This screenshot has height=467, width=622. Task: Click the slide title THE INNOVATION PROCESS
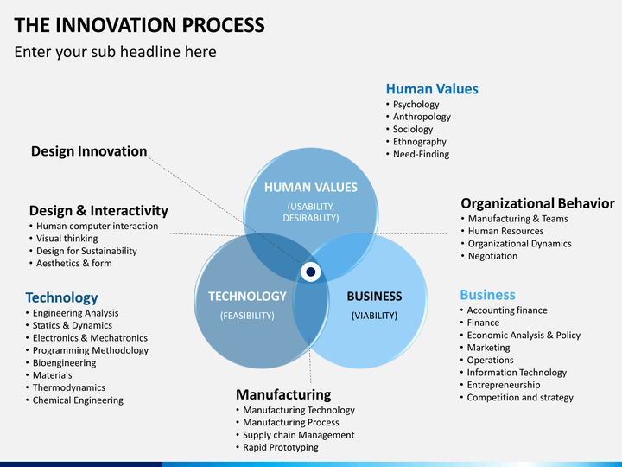pyautogui.click(x=139, y=25)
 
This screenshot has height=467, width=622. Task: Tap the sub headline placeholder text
pyautogui.click(x=116, y=52)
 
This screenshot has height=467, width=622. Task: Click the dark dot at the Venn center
pyautogui.click(x=311, y=272)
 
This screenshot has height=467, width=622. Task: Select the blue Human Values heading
pyautogui.click(x=432, y=88)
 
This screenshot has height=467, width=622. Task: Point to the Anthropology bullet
pyautogui.click(x=422, y=117)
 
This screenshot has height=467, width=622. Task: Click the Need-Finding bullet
pyautogui.click(x=421, y=154)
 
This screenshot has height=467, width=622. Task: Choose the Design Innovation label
pyautogui.click(x=89, y=151)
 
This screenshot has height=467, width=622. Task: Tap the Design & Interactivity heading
pyautogui.click(x=98, y=210)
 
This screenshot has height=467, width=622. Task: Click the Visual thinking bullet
pyautogui.click(x=67, y=239)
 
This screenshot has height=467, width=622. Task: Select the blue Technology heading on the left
pyautogui.click(x=61, y=297)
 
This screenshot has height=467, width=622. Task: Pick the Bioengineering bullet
pyautogui.click(x=64, y=363)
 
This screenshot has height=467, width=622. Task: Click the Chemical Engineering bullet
pyautogui.click(x=78, y=400)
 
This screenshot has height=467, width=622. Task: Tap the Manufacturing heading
pyautogui.click(x=283, y=394)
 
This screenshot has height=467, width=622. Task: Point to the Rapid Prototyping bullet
pyautogui.click(x=281, y=448)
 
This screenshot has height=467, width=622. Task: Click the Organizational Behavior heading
pyautogui.click(x=537, y=203)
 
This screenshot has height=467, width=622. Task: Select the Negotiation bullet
pyautogui.click(x=492, y=256)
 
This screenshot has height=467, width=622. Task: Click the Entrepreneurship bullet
pyautogui.click(x=504, y=385)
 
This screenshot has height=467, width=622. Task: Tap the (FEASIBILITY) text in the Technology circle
pyautogui.click(x=247, y=316)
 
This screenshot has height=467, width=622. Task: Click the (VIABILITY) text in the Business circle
pyautogui.click(x=374, y=316)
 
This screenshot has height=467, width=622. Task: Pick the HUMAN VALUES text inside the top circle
pyautogui.click(x=311, y=188)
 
